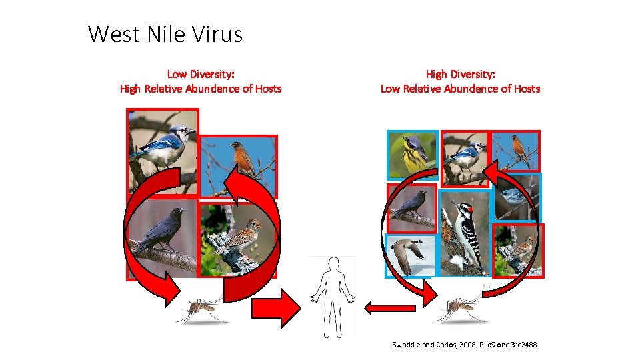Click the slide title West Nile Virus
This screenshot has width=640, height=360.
[165, 33]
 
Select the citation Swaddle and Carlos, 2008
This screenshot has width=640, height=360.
[464, 345]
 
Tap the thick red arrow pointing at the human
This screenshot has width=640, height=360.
[275, 308]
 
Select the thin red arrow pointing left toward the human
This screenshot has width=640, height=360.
[390, 308]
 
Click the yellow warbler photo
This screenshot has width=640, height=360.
[413, 154]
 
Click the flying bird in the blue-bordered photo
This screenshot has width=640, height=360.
[410, 255]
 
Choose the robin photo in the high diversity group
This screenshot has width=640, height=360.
[516, 149]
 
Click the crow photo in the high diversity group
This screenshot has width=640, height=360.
[411, 208]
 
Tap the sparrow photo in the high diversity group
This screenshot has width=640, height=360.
[518, 250]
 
